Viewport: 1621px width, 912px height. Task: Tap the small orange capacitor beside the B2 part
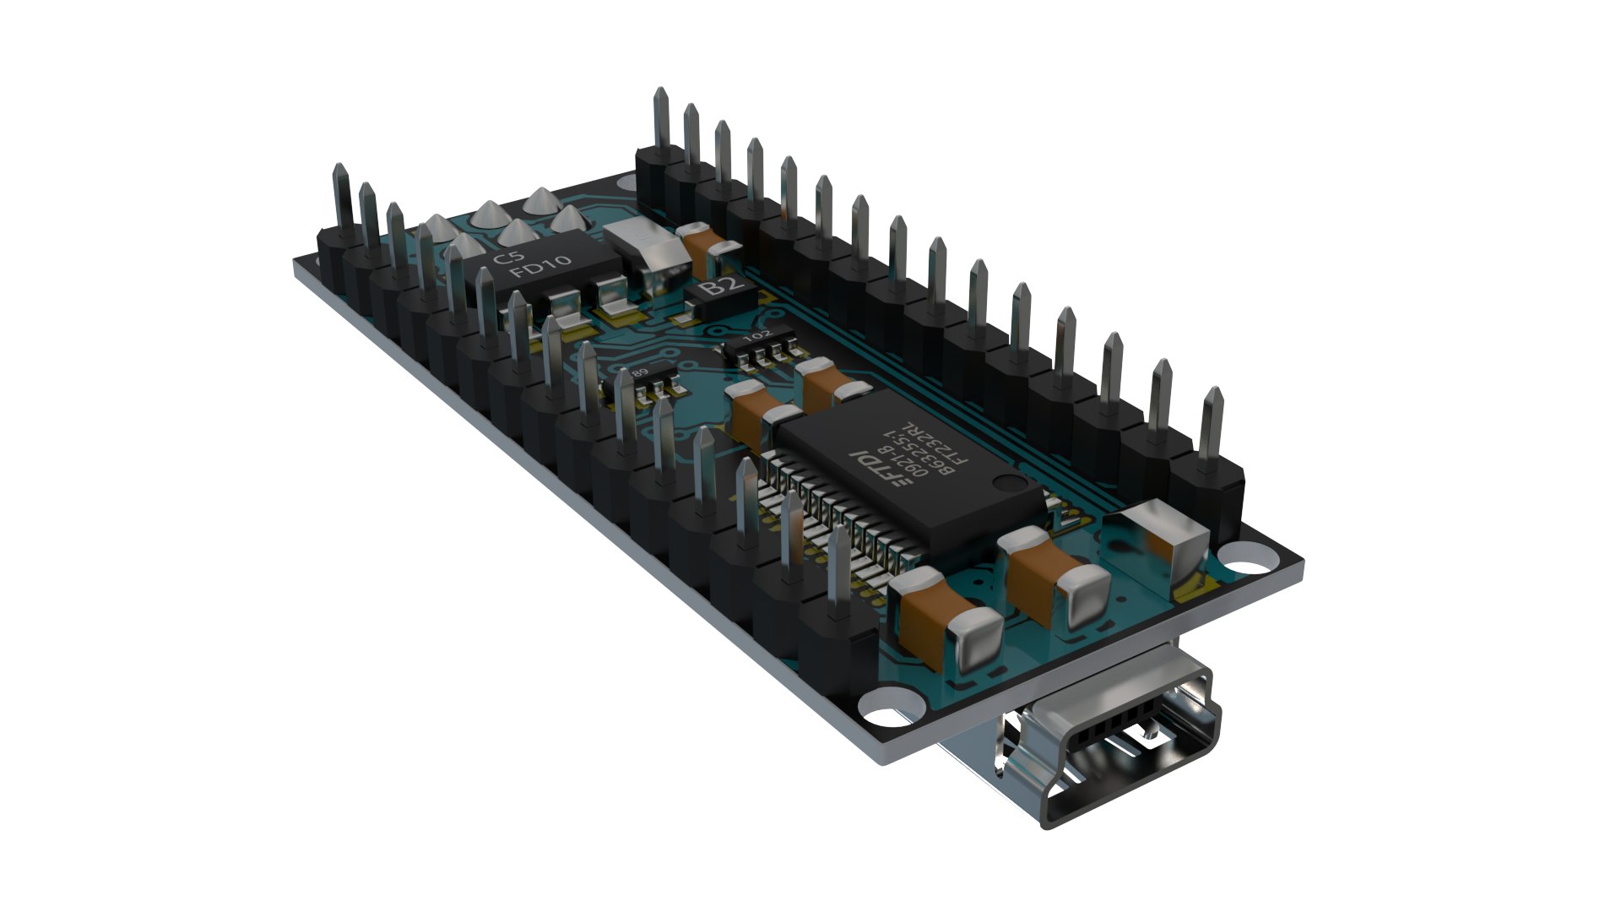pos(706,244)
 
